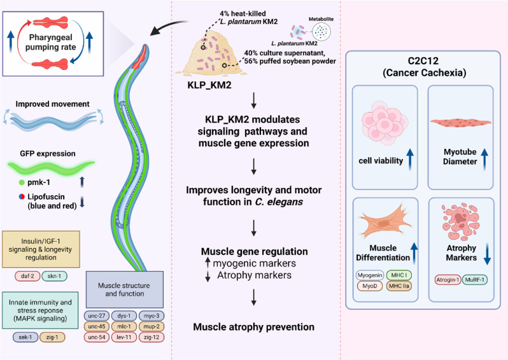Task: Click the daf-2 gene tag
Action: (x=27, y=276)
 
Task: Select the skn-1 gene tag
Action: (x=54, y=276)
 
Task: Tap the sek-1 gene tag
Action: (x=25, y=337)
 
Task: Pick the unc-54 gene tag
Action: (x=97, y=337)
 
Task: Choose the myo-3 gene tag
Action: (x=152, y=315)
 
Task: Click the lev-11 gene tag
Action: (x=124, y=337)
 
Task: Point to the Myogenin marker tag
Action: (x=370, y=275)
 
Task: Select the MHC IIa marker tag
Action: (x=399, y=286)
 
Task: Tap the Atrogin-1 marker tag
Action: (x=448, y=280)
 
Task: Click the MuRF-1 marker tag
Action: (x=475, y=280)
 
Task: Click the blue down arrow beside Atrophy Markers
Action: (x=487, y=254)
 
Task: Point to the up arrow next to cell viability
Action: (x=410, y=159)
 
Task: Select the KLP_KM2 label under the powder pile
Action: (x=209, y=85)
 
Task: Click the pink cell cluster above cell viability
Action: (x=385, y=123)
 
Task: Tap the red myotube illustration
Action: (x=461, y=123)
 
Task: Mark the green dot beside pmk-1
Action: (x=22, y=183)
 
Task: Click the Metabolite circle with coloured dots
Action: (x=321, y=32)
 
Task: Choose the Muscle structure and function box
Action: (x=125, y=289)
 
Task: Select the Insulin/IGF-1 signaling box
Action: (x=41, y=249)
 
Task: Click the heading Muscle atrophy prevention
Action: (x=253, y=327)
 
